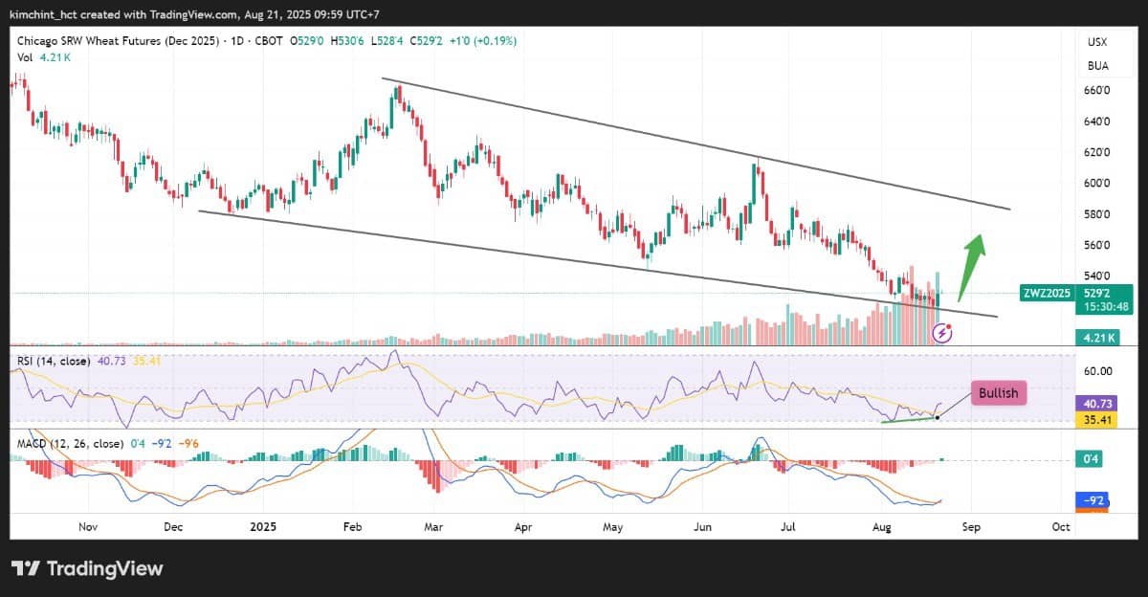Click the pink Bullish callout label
click(999, 393)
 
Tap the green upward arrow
click(972, 267)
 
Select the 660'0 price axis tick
click(1096, 90)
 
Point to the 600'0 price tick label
click(1096, 183)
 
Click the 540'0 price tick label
click(1096, 276)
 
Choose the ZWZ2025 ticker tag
click(1047, 293)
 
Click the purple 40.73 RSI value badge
click(1096, 404)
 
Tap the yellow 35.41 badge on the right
click(1096, 420)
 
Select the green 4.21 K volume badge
click(1098, 338)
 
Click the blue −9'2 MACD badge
click(1093, 500)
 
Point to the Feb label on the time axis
click(353, 527)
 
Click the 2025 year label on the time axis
click(263, 527)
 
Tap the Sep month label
click(971, 527)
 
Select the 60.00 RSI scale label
click(1098, 371)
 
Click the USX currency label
click(1097, 42)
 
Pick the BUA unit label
click(1098, 66)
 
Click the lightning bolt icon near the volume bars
click(942, 333)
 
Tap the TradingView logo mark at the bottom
click(26, 568)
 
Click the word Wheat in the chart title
click(100, 41)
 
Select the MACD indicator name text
click(32, 443)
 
